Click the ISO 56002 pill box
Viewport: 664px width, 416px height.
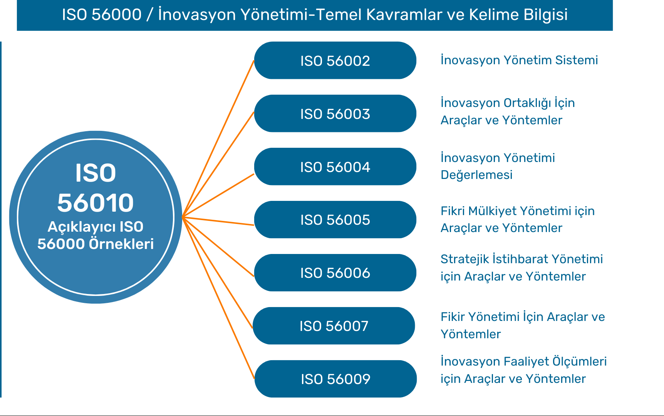coord(335,60)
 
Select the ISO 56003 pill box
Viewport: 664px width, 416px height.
coord(335,114)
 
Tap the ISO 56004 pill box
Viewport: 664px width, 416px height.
coord(335,167)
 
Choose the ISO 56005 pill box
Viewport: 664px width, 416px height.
coord(335,220)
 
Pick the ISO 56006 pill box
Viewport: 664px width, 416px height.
coord(335,273)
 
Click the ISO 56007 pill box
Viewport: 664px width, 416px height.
coord(334,326)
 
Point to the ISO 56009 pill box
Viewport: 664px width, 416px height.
coord(335,379)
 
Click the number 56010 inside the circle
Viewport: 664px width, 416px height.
coord(96,203)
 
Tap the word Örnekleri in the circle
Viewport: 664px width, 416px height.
coord(121,244)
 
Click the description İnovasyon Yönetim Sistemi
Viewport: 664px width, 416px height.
coord(519,60)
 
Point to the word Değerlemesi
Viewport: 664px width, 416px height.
coord(476,175)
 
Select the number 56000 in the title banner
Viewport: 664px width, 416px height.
coord(117,15)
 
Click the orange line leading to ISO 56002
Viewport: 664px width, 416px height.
coord(218,139)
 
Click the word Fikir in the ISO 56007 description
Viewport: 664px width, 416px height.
coord(453,317)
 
